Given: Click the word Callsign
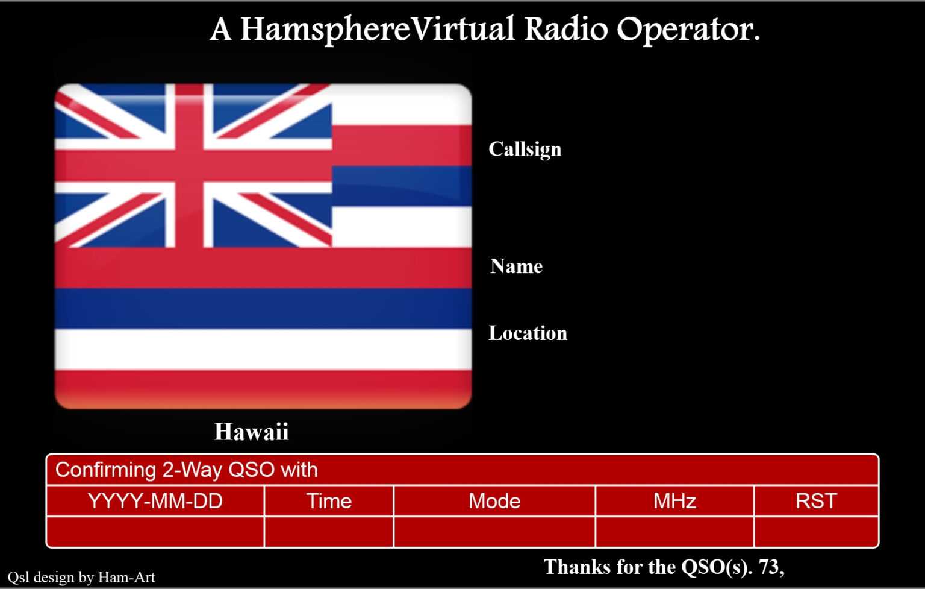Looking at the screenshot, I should pos(525,150).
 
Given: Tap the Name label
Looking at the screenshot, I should pos(516,266).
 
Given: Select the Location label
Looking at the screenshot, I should pos(528,333).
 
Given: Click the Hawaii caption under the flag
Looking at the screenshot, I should pos(251,432).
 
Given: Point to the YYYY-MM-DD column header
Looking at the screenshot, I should pos(155,501).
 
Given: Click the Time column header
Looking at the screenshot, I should pos(329,501).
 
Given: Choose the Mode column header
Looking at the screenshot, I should pos(494,501).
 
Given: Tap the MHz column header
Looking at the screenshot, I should pos(674,501).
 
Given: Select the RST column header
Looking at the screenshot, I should pos(816,501).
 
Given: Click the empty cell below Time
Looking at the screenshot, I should pos(329,532).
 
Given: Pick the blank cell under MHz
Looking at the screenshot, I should pos(674,532).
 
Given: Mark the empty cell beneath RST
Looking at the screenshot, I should pos(816,532).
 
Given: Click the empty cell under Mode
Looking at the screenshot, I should pos(494,532).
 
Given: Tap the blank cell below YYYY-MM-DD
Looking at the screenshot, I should pos(155,532).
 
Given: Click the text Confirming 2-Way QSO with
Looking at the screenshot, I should pos(186,470).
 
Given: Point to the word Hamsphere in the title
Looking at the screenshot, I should pos(325,30).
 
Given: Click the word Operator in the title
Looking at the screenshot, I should pos(688,30).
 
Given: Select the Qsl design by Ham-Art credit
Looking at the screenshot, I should pos(81,577).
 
